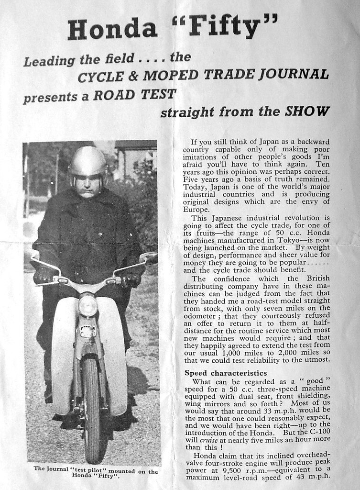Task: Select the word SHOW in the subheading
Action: pyautogui.click(x=307, y=111)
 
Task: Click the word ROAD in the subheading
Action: pyautogui.click(x=114, y=94)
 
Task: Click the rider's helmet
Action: pyautogui.click(x=87, y=162)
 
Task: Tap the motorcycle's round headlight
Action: pyautogui.click(x=88, y=305)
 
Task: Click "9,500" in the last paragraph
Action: pyautogui.click(x=223, y=469)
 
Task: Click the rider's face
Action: pyautogui.click(x=87, y=184)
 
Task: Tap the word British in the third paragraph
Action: pyautogui.click(x=317, y=278)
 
